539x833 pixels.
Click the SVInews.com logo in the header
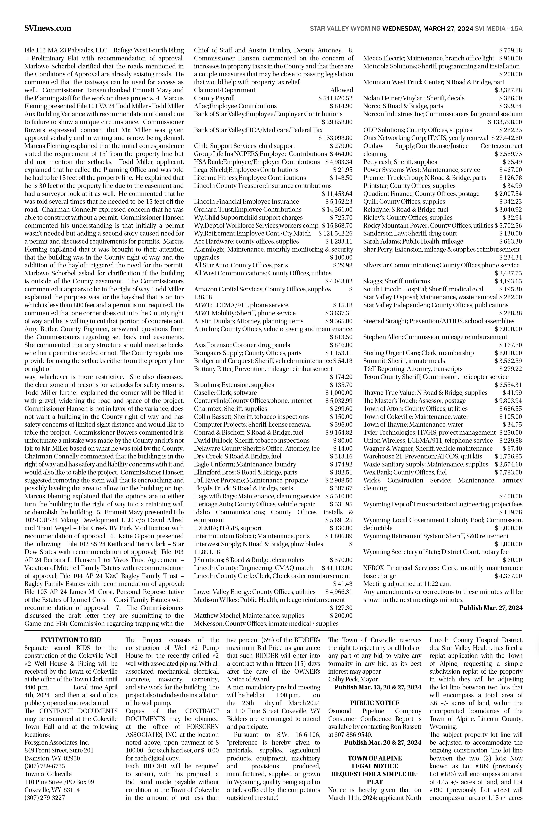[x=48, y=28]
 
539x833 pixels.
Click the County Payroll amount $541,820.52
[x=335, y=98]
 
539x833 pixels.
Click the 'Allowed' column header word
[x=341, y=90]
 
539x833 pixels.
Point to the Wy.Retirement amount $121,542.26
[x=335, y=233]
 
